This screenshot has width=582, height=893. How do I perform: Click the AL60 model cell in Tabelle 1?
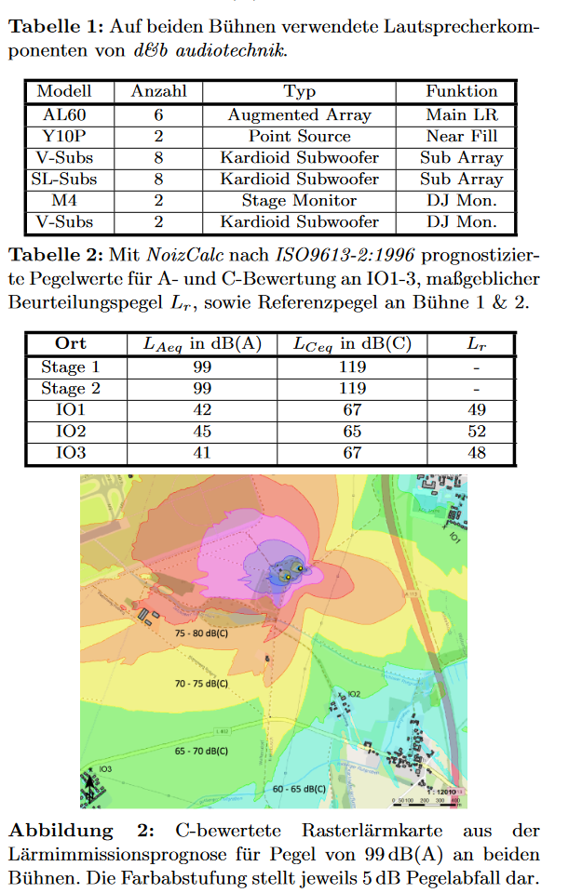point(64,115)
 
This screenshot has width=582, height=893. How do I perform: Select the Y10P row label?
point(64,137)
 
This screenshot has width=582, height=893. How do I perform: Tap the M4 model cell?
point(64,201)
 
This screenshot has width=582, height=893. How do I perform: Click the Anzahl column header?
point(158,91)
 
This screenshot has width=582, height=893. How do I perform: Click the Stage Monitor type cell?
point(299,201)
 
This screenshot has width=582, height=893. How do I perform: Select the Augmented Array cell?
point(299,115)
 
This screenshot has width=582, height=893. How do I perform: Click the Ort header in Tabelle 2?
point(71,343)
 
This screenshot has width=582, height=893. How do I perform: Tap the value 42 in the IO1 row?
point(201,409)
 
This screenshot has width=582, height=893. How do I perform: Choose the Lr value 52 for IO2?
point(476,432)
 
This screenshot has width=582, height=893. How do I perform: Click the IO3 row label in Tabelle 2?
point(71,453)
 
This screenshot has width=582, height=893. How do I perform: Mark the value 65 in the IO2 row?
point(352,432)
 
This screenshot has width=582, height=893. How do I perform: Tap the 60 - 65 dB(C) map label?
point(299,789)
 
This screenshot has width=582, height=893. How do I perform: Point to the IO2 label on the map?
point(353,694)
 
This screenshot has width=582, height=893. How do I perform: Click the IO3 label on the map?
point(105,769)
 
